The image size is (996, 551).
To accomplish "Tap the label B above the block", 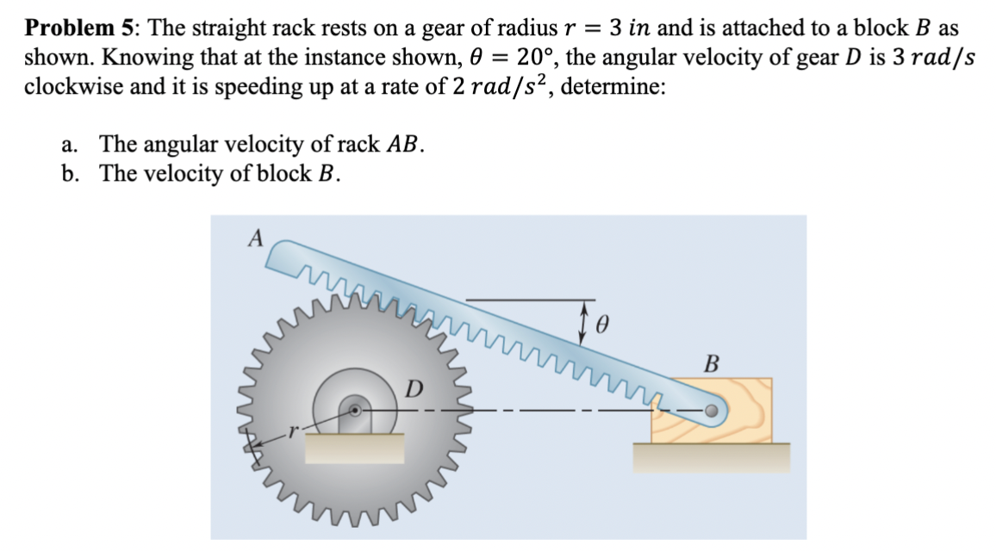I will (x=712, y=362).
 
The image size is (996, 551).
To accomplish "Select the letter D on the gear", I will (x=414, y=389).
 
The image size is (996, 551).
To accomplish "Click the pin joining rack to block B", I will (x=711, y=412).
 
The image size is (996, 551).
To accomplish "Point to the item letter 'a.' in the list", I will (x=72, y=145).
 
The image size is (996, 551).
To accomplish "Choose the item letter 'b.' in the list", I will (x=72, y=174).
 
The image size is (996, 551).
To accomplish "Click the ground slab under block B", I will (x=711, y=456).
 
